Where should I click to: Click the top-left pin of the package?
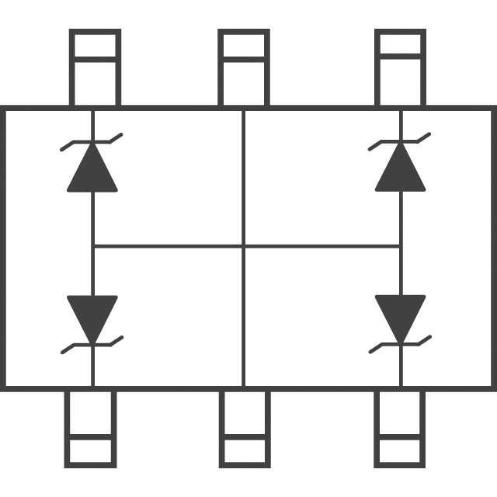(x=95, y=68)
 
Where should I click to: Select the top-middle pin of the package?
(x=244, y=68)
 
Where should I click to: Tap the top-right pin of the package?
(x=401, y=68)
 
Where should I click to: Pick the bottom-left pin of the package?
(x=89, y=429)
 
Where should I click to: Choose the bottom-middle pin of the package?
(x=244, y=429)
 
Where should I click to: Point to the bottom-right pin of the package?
(x=401, y=429)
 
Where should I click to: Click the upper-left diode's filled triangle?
(x=92, y=169)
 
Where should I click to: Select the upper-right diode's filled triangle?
(x=401, y=169)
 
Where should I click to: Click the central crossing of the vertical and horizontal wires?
(x=244, y=247)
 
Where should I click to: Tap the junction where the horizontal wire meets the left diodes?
(x=93, y=247)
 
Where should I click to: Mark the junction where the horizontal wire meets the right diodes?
(x=401, y=247)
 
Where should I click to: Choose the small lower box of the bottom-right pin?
(x=401, y=452)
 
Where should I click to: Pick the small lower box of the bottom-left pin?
(x=89, y=452)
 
